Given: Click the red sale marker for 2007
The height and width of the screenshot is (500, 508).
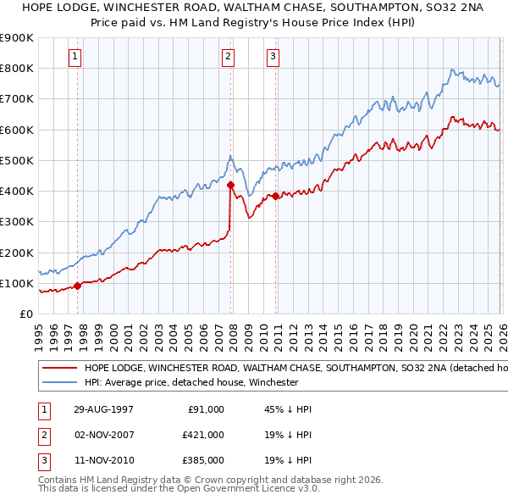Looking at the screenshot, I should tap(230, 184).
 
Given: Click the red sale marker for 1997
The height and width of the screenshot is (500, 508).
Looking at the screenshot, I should tap(78, 286).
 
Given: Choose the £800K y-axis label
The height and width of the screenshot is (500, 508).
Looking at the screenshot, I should tap(17, 68).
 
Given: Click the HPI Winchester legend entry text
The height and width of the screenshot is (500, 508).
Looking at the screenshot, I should tap(190, 382).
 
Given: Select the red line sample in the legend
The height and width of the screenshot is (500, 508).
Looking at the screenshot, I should tap(59, 369).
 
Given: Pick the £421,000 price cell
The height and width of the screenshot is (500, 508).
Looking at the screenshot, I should tap(203, 435).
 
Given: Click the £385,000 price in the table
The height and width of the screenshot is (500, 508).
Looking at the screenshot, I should tap(203, 461).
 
